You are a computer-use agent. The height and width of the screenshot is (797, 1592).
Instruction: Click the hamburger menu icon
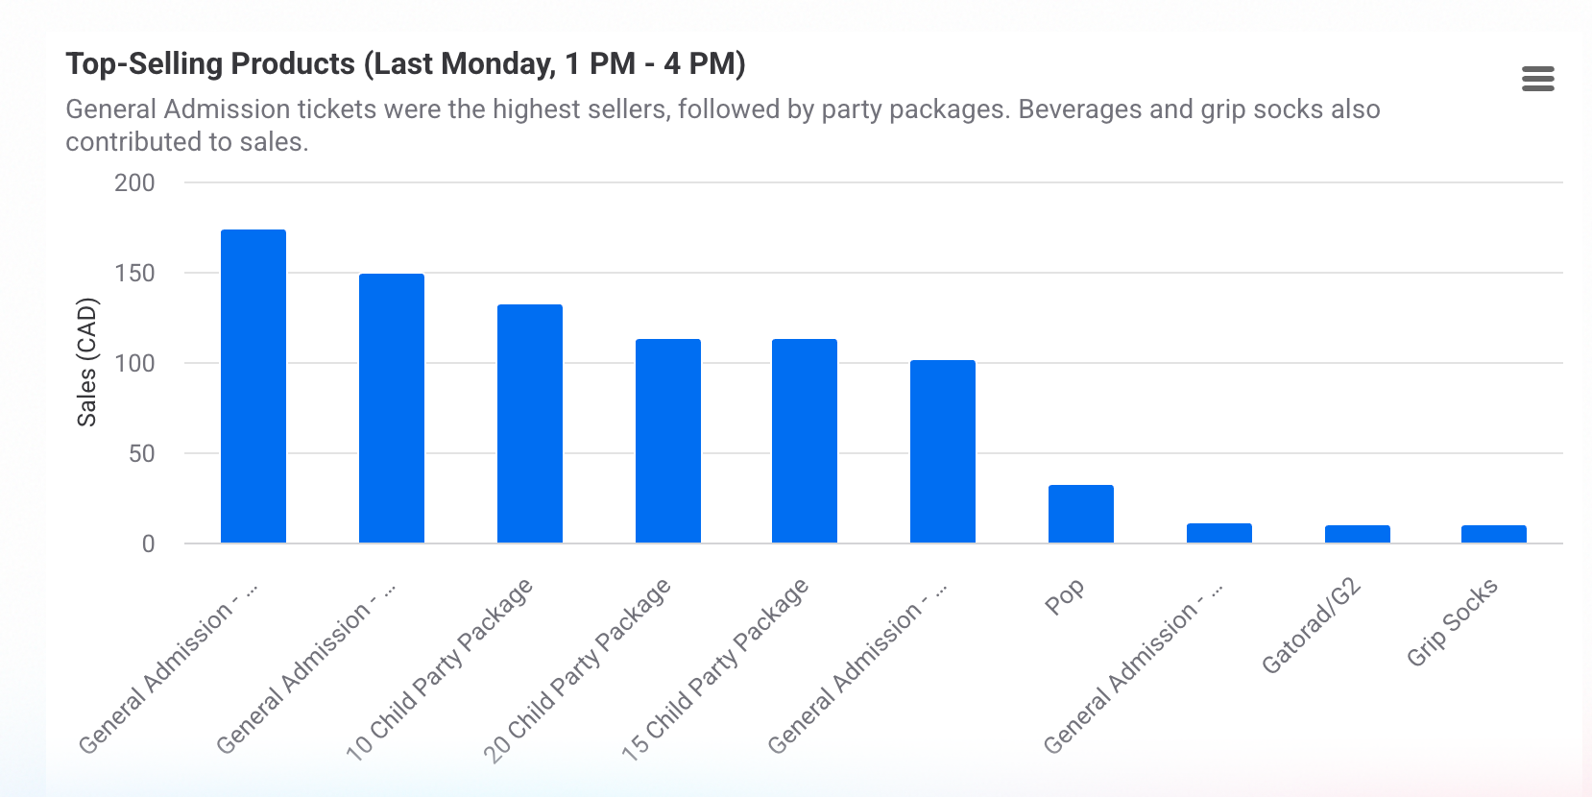pos(1537,79)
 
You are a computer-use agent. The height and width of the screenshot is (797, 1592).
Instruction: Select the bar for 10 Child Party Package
pos(529,423)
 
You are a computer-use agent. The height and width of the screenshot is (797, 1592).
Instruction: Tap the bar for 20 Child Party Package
pos(667,441)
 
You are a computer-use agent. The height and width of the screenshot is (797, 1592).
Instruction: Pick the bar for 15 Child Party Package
pos(804,441)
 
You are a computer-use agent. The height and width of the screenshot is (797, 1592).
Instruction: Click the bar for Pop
pos(1080,514)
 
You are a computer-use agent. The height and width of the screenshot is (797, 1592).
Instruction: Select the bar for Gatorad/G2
pos(1357,534)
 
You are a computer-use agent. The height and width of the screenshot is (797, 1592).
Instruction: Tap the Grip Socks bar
pos(1493,534)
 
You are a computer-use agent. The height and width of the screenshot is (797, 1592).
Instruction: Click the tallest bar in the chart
pos(253,386)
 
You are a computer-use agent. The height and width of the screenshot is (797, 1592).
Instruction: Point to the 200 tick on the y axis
pos(134,182)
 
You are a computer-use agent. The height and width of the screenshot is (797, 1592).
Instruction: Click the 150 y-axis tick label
pos(134,273)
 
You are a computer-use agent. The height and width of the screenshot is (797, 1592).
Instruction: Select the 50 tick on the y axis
pos(141,453)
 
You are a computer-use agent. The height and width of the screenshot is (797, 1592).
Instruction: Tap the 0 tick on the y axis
pos(148,543)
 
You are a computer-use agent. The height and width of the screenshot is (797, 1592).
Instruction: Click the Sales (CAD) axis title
pos(87,362)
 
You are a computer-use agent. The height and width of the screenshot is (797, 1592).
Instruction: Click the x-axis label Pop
pos(1064,596)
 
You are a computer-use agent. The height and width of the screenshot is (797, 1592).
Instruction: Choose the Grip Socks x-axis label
pos(1452,622)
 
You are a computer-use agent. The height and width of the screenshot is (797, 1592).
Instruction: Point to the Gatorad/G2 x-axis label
pos(1311,626)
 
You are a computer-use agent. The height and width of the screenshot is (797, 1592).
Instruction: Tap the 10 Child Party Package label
pos(439,669)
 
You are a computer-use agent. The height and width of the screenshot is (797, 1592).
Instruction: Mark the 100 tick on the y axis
pos(134,363)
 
